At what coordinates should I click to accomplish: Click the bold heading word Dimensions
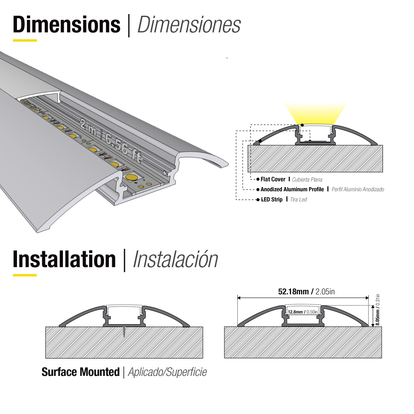click(67, 25)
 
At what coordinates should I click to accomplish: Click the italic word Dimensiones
click(189, 25)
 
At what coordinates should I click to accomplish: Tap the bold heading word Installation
click(64, 260)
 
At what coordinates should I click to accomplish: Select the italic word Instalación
click(175, 260)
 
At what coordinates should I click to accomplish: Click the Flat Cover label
click(273, 180)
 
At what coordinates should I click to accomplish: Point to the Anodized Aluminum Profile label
click(292, 190)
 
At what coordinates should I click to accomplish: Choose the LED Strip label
click(271, 200)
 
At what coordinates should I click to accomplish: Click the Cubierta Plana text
click(307, 180)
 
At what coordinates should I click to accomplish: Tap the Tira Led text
click(298, 200)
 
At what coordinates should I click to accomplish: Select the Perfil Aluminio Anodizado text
click(358, 190)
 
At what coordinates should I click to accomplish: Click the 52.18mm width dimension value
click(293, 292)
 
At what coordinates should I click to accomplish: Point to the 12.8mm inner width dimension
click(295, 312)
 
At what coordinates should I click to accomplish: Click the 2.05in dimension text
click(325, 292)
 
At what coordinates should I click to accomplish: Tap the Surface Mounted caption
click(80, 372)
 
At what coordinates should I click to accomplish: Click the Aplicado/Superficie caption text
click(167, 372)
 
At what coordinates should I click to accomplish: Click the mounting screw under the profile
click(124, 332)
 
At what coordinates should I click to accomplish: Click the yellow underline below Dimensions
click(25, 41)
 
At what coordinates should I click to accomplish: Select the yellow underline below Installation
click(25, 275)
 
